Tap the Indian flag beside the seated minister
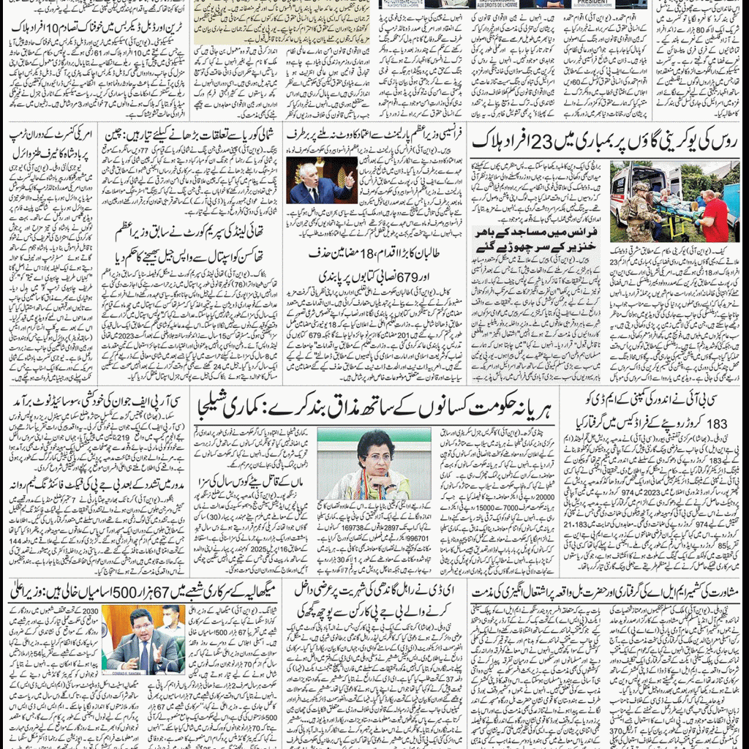(x=109, y=636)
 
